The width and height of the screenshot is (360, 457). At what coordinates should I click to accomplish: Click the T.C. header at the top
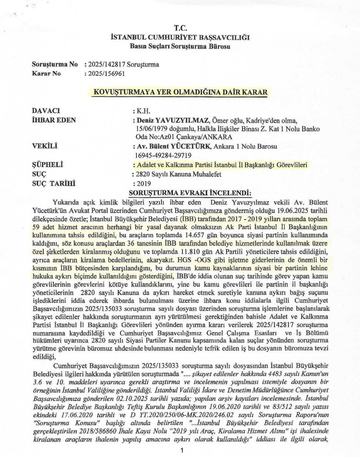[180, 29]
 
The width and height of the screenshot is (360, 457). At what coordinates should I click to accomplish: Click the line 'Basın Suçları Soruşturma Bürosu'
[180, 46]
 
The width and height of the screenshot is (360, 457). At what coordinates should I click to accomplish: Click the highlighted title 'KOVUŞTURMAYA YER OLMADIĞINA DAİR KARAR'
[180, 92]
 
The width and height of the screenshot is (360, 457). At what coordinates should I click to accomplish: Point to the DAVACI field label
[46, 111]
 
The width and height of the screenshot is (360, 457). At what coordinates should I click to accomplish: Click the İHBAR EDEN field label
[54, 120]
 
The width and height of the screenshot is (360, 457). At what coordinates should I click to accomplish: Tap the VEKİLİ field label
[44, 146]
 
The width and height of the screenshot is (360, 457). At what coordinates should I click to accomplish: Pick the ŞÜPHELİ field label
[47, 165]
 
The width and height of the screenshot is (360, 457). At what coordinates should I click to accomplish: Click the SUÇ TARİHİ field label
[54, 183]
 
